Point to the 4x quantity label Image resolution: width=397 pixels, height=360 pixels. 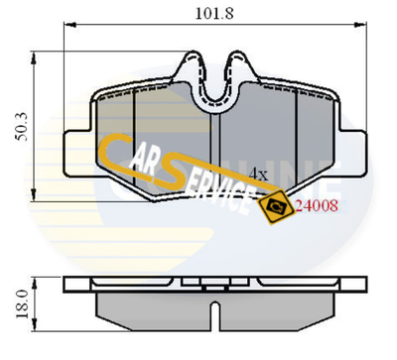[258, 173]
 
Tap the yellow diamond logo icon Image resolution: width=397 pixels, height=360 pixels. [272, 205]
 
